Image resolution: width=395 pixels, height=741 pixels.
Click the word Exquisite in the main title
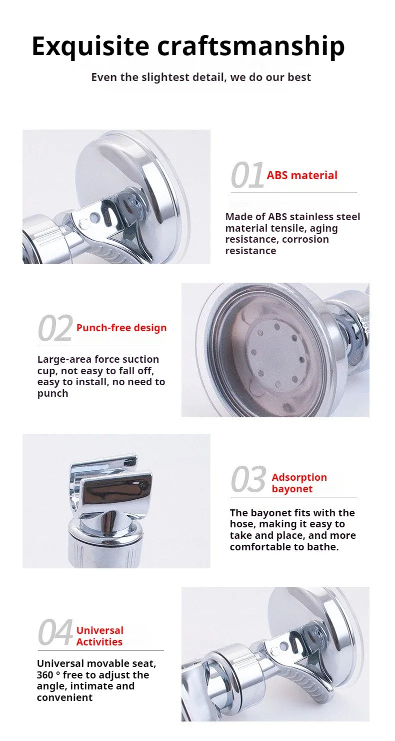[90, 46]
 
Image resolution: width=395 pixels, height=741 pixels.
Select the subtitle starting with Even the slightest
[200, 77]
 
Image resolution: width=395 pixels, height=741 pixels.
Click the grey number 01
[247, 176]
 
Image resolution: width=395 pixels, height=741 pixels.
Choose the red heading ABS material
[302, 175]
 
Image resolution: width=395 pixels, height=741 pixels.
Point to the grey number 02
[55, 329]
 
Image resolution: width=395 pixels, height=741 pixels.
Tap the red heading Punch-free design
[121, 328]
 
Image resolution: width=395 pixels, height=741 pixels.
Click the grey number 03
[248, 480]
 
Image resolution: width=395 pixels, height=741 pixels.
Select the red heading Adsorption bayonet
[299, 483]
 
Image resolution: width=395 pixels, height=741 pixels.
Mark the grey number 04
[55, 633]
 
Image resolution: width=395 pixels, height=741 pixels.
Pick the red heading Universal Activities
[99, 636]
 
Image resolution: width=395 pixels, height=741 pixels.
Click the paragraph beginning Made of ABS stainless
[292, 234]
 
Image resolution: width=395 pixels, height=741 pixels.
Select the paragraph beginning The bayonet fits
[292, 530]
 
